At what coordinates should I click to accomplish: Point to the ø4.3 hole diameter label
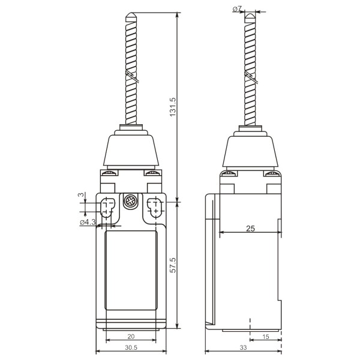pos(88,223)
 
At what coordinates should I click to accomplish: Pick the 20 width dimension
pos(131,337)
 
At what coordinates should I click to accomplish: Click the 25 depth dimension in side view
pos(251,228)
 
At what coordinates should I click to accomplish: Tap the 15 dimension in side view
pos(265,337)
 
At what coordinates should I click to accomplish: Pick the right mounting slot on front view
pos(154,209)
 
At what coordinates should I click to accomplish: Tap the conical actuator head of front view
pos(131,149)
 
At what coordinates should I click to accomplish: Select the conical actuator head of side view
pos(251,149)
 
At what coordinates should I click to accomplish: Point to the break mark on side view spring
pos(250,76)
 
